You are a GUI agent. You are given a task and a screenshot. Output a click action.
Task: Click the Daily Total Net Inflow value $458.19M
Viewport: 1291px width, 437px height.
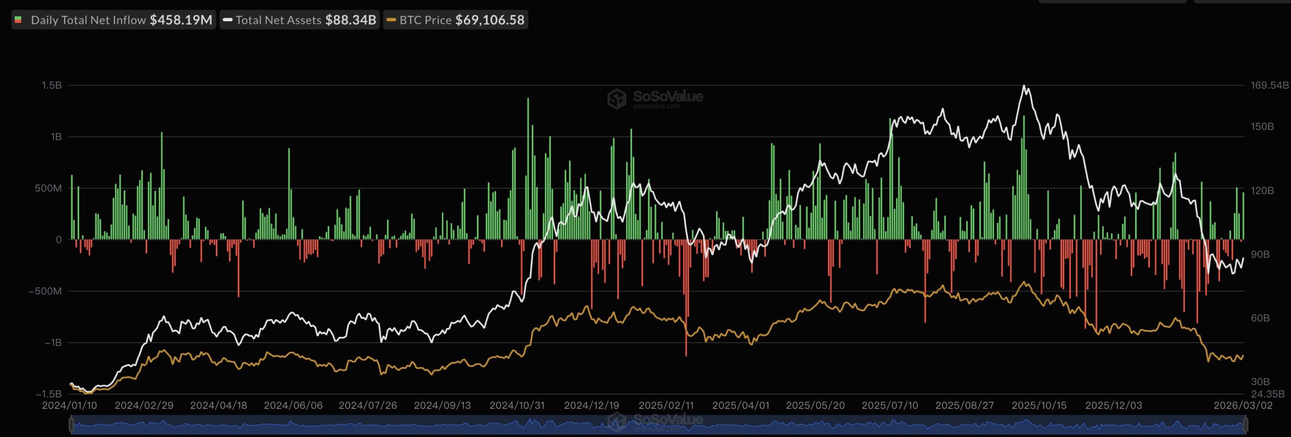[181, 20]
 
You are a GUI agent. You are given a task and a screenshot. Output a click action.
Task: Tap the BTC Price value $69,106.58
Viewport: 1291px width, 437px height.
[490, 20]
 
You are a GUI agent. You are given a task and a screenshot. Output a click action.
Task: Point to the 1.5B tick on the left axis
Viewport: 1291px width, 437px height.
[52, 85]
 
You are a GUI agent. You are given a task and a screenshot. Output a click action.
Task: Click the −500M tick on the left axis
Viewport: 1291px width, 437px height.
[45, 291]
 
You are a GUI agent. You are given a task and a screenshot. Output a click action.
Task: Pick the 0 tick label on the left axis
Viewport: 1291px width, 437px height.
[58, 240]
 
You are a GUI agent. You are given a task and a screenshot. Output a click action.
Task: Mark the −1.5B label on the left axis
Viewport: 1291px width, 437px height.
[48, 394]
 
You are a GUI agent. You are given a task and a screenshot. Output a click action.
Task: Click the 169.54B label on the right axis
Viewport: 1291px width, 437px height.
[1269, 85]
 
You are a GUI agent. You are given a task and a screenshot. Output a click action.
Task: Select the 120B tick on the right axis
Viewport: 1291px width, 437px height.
[1262, 190]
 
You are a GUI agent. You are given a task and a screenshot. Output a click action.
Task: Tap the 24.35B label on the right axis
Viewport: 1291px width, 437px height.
[1267, 394]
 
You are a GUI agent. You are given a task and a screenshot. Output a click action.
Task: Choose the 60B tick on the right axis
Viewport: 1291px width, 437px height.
[1260, 318]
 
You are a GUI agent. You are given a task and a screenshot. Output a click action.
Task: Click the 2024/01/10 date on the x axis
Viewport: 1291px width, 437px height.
[70, 405]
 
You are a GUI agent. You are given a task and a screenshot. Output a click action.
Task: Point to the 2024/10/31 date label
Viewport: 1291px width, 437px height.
[517, 405]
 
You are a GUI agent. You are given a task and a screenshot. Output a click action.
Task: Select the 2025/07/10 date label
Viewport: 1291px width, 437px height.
[890, 405]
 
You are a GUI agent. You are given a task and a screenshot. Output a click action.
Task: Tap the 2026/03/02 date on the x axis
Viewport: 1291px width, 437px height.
[1243, 405]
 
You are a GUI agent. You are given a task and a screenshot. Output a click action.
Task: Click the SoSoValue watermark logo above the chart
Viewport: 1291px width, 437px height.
[655, 98]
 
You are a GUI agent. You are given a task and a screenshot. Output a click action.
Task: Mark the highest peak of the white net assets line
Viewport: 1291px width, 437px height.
[1024, 86]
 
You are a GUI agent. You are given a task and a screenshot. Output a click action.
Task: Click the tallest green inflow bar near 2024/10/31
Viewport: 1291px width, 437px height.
[528, 99]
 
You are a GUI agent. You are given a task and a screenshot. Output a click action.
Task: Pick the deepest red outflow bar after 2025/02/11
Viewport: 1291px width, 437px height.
[686, 355]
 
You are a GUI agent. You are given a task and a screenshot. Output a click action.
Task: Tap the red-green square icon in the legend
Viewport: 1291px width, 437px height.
[18, 20]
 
